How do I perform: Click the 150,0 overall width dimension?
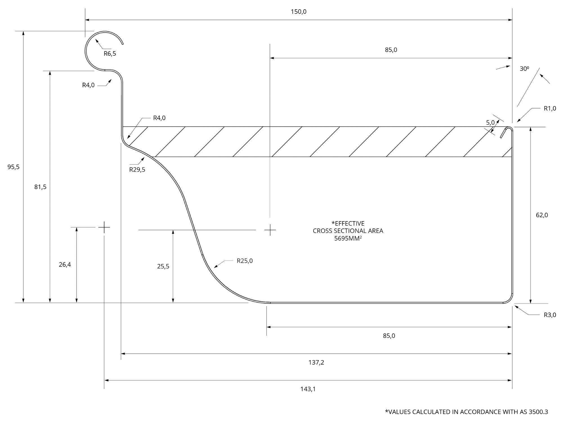pos(298,12)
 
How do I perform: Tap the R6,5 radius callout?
pos(110,54)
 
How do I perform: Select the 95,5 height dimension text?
pos(14,167)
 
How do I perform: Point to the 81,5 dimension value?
pos(40,187)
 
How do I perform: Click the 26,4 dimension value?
pos(65,265)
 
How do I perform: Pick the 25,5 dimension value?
pos(163,266)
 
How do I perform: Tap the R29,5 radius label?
pos(137,170)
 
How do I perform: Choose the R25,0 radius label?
pos(245,261)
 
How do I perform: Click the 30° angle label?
pos(524,69)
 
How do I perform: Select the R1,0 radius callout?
pos(550,109)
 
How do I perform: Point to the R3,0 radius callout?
pos(550,315)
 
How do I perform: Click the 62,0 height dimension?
pos(542,215)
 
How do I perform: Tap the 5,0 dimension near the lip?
pos(490,123)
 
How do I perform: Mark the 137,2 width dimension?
pos(316,363)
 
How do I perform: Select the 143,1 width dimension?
pos(308,389)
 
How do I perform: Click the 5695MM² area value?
pos(348,238)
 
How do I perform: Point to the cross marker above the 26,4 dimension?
pos(104,227)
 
